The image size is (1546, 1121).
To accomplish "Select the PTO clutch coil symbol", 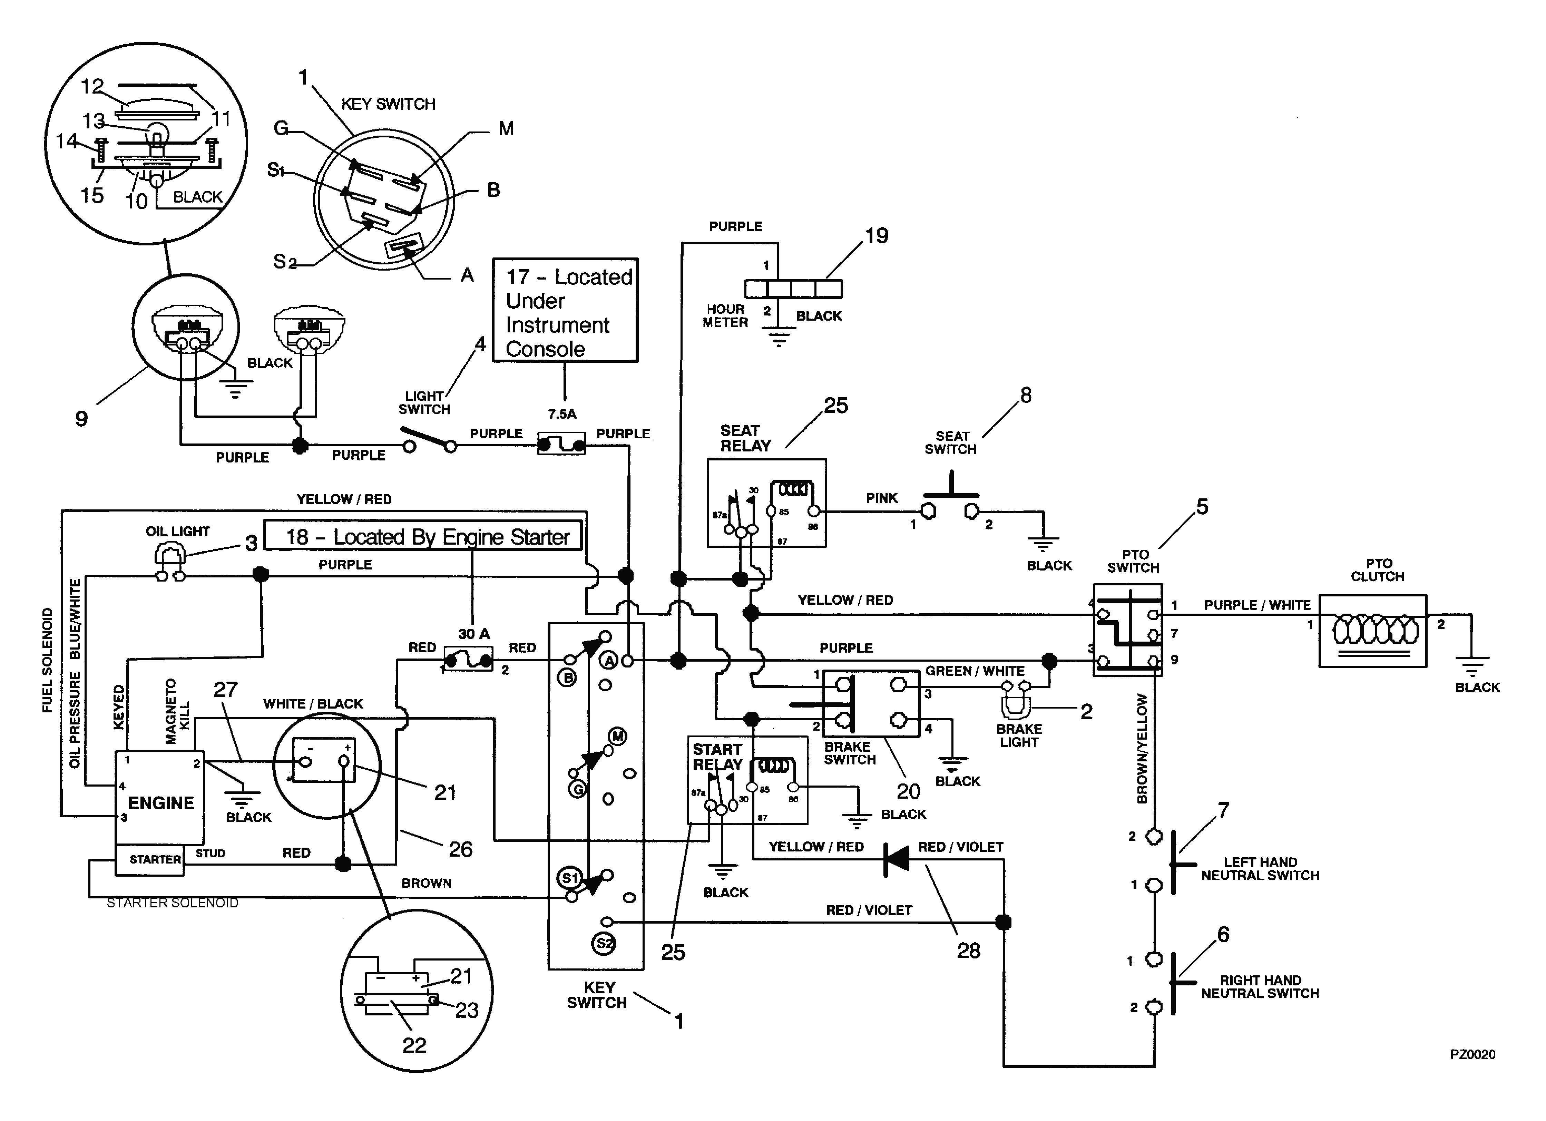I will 1373,630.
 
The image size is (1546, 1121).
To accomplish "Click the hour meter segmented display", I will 793,289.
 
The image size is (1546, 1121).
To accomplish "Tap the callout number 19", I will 877,236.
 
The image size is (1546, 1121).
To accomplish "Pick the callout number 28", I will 968,951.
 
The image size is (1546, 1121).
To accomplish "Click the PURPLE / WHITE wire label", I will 1257,605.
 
